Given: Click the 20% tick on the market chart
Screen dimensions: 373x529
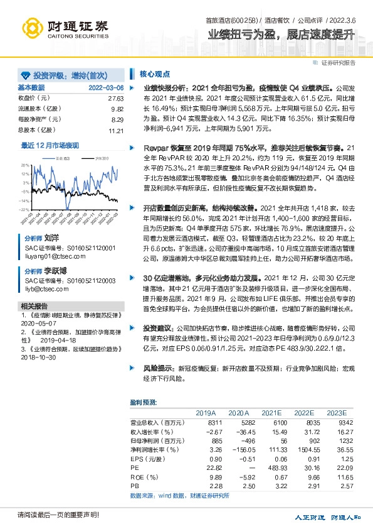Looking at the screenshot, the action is click(24, 164).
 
